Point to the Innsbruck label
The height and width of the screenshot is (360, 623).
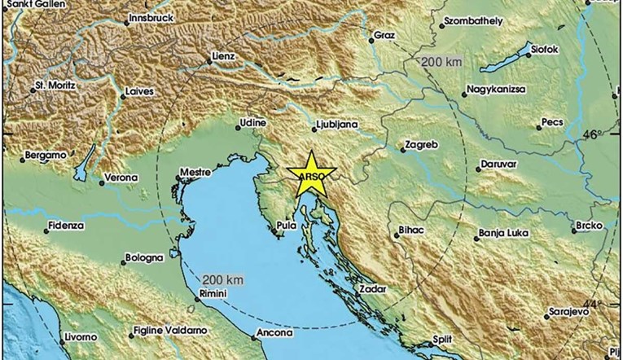[x=151, y=17]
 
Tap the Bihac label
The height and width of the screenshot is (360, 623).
[x=412, y=230]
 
